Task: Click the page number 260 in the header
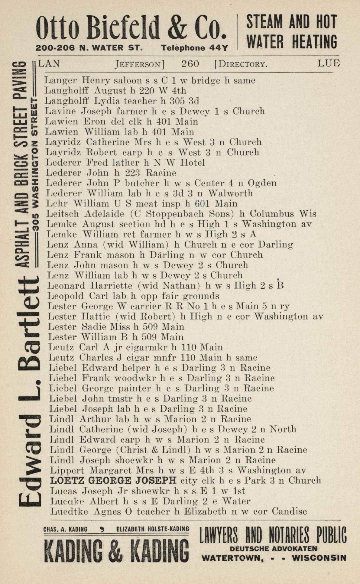tap(190, 64)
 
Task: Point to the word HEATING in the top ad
tap(314, 42)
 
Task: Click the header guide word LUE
tap(329, 63)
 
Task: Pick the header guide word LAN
tap(49, 63)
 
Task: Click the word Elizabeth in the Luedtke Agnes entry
tap(205, 511)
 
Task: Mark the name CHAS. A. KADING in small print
tap(65, 529)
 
